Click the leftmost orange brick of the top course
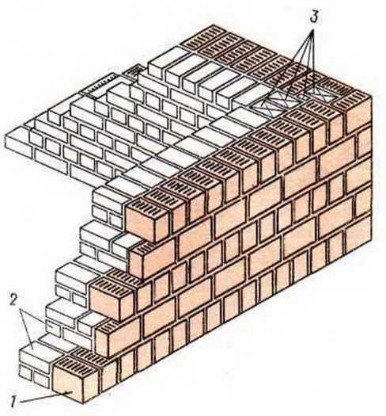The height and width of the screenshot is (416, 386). (140, 223)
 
